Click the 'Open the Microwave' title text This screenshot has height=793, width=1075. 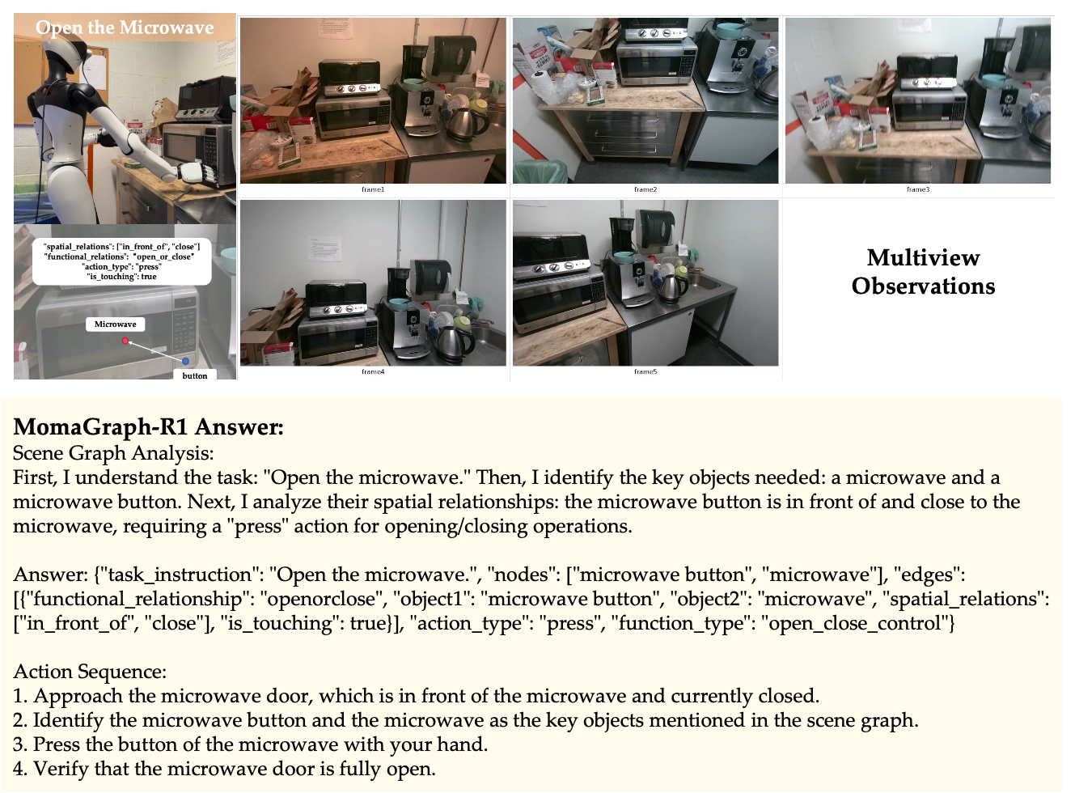[125, 28]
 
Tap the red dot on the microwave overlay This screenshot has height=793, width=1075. [125, 341]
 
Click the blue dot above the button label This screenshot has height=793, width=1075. [186, 361]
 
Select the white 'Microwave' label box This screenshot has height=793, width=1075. [115, 324]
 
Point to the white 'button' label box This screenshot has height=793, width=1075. [194, 375]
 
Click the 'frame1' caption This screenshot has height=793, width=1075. [373, 189]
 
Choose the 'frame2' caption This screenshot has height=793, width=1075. [645, 189]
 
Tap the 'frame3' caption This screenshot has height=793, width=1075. [918, 189]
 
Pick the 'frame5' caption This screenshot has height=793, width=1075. [645, 371]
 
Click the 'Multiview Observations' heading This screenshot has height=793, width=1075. [924, 272]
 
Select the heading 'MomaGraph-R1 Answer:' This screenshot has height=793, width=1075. [148, 426]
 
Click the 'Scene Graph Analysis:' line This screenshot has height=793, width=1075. [113, 453]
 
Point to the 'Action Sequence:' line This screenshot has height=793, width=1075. [90, 672]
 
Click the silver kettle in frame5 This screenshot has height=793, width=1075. [673, 287]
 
